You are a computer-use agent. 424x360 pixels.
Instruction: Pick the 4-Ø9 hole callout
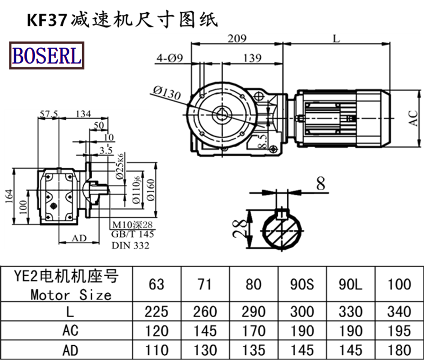tap(170, 58)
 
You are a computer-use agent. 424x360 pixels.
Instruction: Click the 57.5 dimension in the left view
tap(48, 113)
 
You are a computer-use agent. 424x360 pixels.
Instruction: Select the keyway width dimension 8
tap(320, 184)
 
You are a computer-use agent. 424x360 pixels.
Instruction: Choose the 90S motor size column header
tap(302, 284)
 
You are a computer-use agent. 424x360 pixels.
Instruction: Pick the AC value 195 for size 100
tap(399, 331)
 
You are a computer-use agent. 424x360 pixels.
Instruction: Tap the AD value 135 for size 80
tap(254, 350)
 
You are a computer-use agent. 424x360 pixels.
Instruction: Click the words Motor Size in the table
tap(70, 294)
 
